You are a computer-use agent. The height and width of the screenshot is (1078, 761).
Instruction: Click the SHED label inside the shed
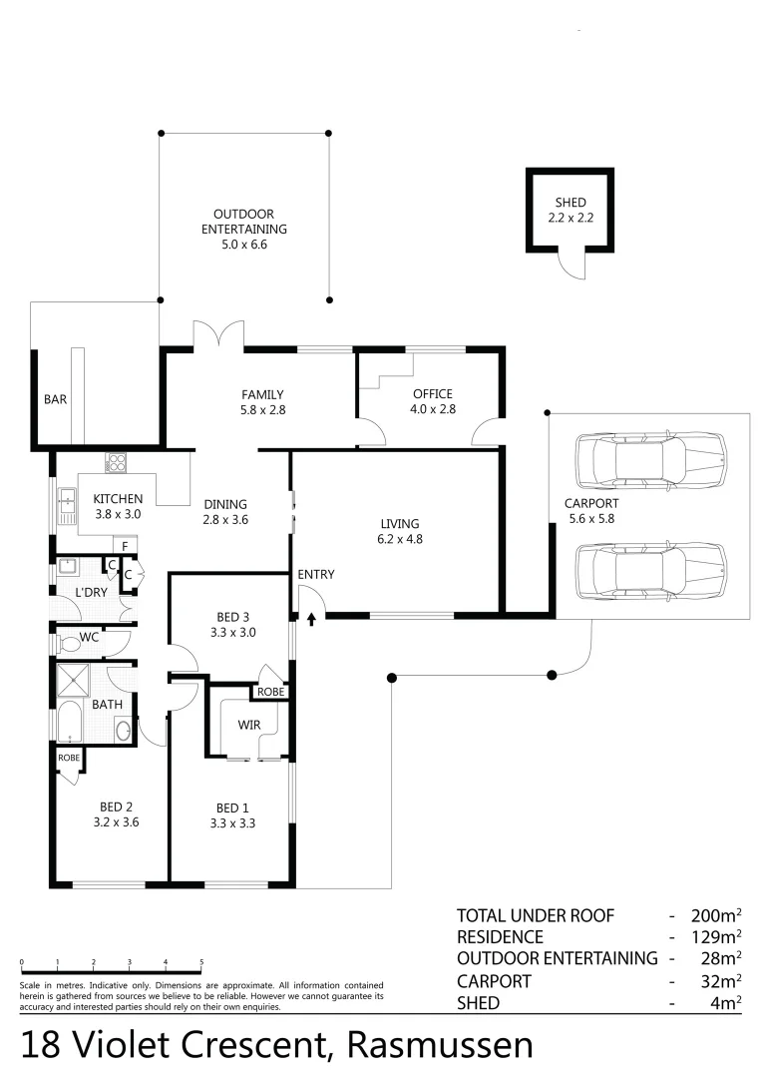coord(570,203)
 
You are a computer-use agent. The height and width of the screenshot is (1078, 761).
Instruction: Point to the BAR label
coord(55,399)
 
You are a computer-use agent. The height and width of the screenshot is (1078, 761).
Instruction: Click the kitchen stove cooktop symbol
coord(116,463)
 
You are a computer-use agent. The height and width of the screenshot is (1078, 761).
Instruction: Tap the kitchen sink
coord(68,505)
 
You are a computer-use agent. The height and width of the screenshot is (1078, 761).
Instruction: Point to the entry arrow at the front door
coord(311,620)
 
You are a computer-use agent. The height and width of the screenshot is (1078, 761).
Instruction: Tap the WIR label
coord(249,725)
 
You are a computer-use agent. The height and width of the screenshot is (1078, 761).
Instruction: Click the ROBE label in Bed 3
coord(269,692)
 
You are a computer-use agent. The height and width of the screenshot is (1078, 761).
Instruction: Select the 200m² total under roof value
coord(717,915)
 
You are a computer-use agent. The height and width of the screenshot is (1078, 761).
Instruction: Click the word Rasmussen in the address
coord(440,1045)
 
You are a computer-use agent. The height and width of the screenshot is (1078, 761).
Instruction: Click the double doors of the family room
coord(218,335)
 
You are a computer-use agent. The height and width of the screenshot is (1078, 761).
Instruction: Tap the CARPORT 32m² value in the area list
coord(718,981)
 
